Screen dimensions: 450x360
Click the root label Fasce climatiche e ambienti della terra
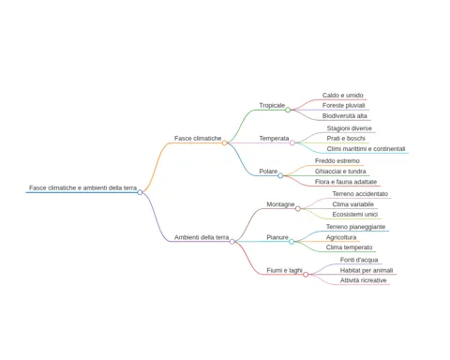point(82,187)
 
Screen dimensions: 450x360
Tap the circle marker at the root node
point(140,192)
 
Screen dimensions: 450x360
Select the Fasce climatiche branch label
point(198,138)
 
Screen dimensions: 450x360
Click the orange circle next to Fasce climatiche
point(224,142)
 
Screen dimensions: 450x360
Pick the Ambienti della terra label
point(202,237)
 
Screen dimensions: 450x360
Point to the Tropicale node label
point(272,105)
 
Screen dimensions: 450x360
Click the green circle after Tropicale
point(288,110)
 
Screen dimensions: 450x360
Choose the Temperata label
point(274,138)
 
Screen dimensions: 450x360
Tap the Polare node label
point(268,172)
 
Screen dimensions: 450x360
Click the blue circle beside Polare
point(280,175)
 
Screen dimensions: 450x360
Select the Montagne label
point(280,204)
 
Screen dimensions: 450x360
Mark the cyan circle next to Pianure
point(292,242)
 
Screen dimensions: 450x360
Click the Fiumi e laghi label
point(284,270)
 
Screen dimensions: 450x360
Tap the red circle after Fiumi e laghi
point(306,275)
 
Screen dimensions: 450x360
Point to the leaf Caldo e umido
point(343,96)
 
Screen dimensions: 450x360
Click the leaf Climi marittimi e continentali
point(366,149)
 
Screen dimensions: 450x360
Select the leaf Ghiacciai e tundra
point(340,172)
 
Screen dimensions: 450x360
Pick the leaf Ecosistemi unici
point(355,215)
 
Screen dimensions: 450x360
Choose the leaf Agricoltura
point(341,237)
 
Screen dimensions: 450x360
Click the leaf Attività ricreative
point(364,280)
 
